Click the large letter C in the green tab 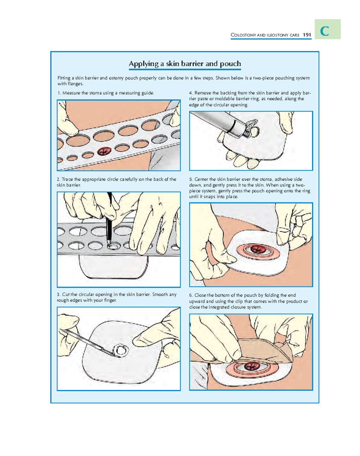(324, 31)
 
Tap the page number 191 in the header (307, 35)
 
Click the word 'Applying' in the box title (143, 64)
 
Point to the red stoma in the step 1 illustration (104, 151)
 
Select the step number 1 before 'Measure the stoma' (59, 93)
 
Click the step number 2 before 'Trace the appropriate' (58, 179)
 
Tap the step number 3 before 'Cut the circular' (58, 295)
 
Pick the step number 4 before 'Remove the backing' (191, 93)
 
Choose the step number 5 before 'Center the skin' (191, 179)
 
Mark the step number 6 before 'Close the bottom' (191, 295)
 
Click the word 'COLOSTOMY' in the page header (243, 35)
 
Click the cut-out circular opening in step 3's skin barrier (121, 350)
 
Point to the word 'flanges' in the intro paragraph (74, 84)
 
